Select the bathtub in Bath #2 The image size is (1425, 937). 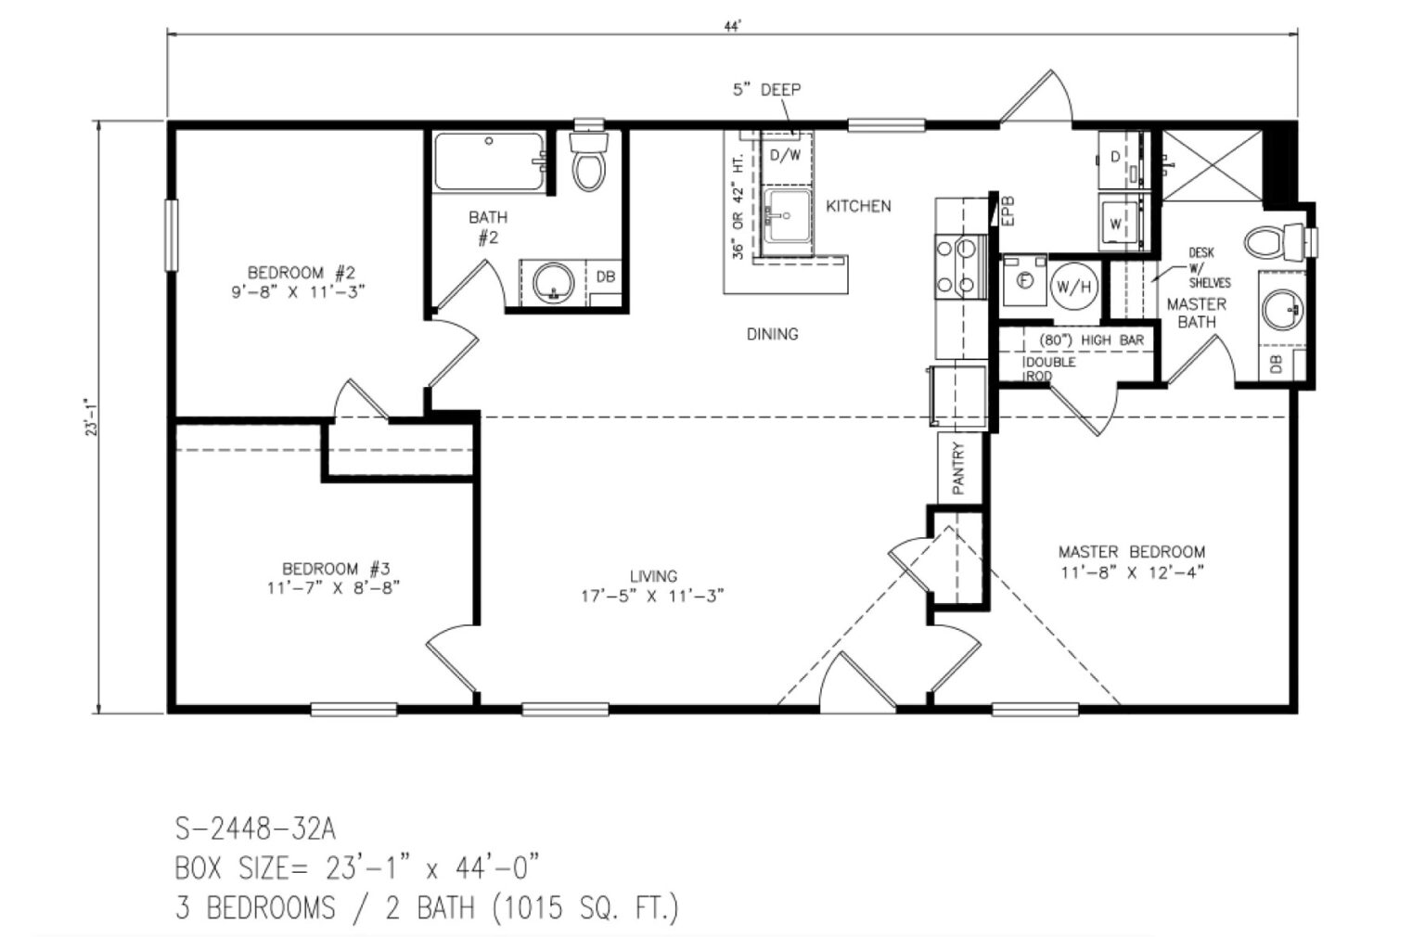point(489,163)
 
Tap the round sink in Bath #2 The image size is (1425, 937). point(554,282)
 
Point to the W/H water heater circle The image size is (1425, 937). point(1072,288)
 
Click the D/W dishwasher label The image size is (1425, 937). point(784,155)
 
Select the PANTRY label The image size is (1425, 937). point(958,468)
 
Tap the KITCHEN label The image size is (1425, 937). point(858,206)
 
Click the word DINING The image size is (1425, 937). point(772,334)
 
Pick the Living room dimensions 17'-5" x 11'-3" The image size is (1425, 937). point(652,597)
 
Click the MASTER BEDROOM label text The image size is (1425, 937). point(1132,552)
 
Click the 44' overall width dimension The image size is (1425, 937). point(733,27)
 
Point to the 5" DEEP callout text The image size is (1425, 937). point(766,90)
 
